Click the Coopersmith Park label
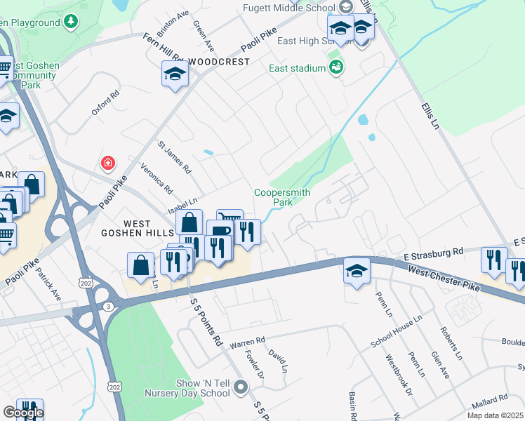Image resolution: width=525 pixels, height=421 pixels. (282, 196)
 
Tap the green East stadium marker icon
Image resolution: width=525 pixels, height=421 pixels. (336, 67)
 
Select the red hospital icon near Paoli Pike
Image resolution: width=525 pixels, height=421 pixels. (107, 163)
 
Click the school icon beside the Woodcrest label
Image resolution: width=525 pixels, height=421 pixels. (175, 74)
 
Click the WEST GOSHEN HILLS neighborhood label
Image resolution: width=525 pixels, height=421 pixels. (148, 227)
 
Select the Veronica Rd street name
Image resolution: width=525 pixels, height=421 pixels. (156, 180)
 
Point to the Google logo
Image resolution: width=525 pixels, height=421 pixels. (22, 413)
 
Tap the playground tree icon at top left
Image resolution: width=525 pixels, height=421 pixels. (70, 22)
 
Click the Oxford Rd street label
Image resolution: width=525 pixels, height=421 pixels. (105, 102)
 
